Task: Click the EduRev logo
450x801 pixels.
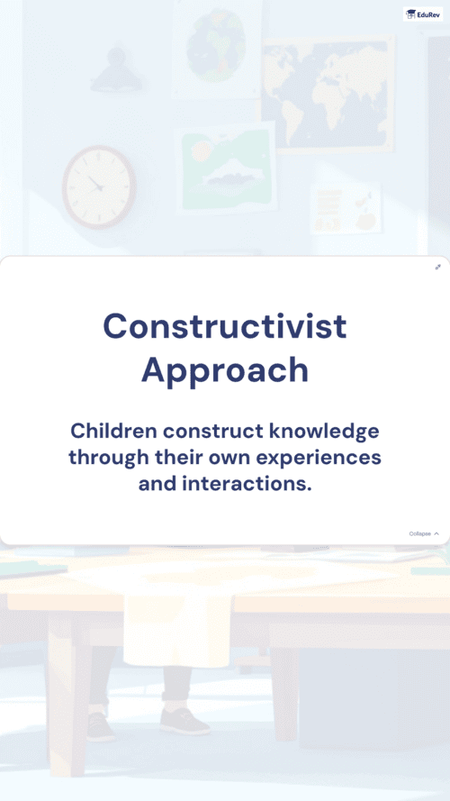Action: pos(423,14)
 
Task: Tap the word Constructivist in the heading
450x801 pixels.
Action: pos(225,326)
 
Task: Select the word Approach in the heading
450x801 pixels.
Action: pos(225,370)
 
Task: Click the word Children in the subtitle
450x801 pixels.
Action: pos(113,431)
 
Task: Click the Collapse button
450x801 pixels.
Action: pos(424,533)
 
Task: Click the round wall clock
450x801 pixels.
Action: pos(100,187)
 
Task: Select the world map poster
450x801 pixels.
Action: pos(328,95)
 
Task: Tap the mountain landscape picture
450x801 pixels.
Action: pos(226,168)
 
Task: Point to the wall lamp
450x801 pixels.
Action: pos(117,70)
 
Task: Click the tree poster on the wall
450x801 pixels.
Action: pos(217,47)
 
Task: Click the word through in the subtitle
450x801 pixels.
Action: pos(109,458)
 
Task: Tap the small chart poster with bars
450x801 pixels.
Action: pos(346,208)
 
